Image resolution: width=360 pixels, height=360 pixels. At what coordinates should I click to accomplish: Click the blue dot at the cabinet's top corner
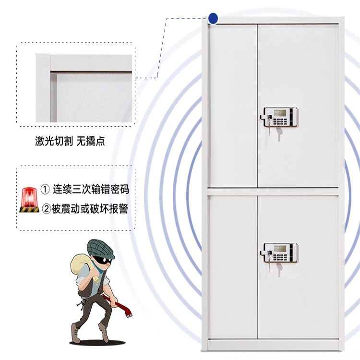pos(213,19)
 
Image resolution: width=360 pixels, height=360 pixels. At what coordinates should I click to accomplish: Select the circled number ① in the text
pos(46,189)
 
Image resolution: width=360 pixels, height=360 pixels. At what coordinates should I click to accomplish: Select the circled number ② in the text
pos(46,209)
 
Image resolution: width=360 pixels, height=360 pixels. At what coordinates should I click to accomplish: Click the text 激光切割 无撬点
pos(70,142)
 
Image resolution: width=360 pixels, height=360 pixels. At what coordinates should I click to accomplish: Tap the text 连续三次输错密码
pos(91,189)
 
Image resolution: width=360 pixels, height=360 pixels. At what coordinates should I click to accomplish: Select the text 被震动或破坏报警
pos(90,209)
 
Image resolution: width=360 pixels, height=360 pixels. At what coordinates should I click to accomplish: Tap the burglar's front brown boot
pos(76,332)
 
